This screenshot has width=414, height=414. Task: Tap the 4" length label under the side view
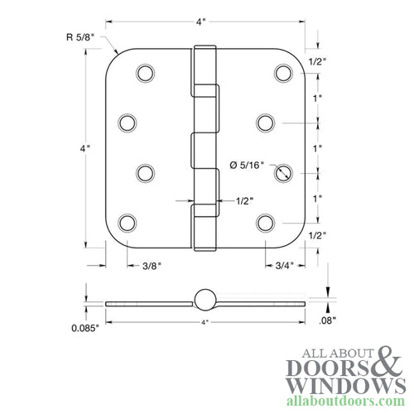(204, 321)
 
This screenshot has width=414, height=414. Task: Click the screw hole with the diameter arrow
(284, 172)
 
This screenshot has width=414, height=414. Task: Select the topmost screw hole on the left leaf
(145, 73)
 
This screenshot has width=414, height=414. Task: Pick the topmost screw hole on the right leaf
(284, 73)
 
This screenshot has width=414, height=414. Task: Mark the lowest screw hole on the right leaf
(264, 222)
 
